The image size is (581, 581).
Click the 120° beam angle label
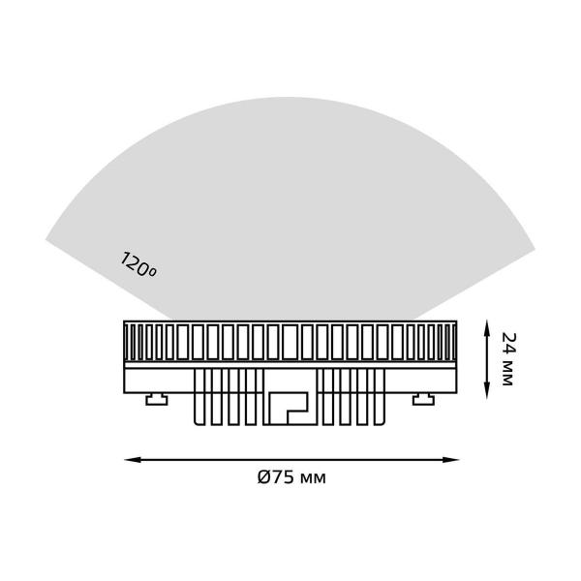(x=138, y=266)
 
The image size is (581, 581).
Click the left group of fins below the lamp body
(x=229, y=397)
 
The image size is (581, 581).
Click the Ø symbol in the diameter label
(x=263, y=477)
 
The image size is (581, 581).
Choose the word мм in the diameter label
(x=314, y=477)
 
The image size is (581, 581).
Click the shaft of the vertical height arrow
(x=486, y=358)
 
